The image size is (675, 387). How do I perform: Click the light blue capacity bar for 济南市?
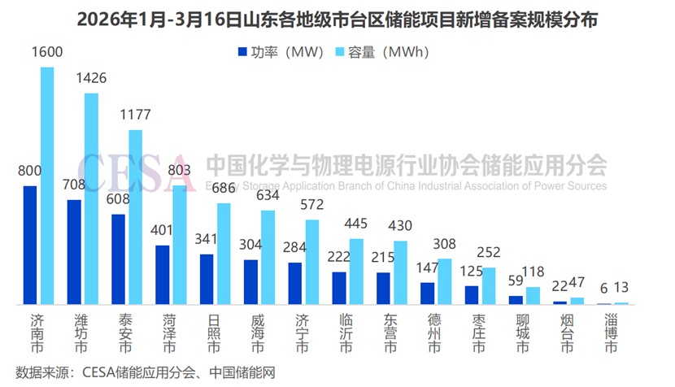point(47,185)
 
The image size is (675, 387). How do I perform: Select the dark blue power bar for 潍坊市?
point(74,252)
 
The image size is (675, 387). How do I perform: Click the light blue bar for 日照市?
point(224,254)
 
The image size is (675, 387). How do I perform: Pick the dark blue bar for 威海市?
point(250,282)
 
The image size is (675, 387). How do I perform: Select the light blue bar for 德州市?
point(444,281)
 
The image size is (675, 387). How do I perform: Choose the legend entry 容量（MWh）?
point(381,52)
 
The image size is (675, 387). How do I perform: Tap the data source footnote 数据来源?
point(146,373)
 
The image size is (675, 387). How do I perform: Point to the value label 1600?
point(47,52)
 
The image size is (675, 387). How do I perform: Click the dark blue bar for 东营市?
point(383,289)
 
